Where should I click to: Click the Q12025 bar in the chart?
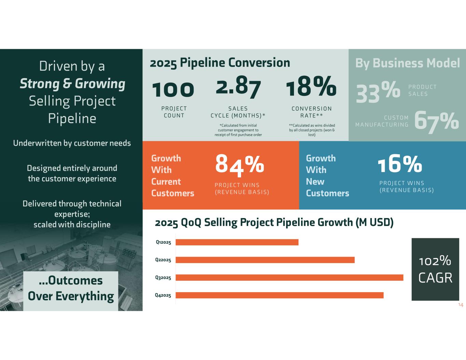tap(237, 242)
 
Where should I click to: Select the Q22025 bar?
tap(265, 260)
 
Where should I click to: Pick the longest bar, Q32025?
tap(289, 278)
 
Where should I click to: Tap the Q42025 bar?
tap(279, 296)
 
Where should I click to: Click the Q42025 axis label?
tap(163, 296)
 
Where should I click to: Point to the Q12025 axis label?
tap(163, 242)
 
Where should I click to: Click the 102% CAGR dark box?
tap(435, 269)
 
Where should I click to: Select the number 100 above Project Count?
tap(173, 89)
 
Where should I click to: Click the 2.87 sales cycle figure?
tap(238, 88)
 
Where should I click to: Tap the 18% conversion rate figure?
tap(311, 87)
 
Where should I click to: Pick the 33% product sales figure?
tap(378, 92)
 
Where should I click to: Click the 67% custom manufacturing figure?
tap(436, 121)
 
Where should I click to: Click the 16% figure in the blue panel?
tap(400, 164)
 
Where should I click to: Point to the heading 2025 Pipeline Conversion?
tap(220, 63)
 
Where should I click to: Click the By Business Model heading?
tap(408, 63)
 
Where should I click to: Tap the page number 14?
tap(461, 305)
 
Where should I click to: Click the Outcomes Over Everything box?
tap(71, 288)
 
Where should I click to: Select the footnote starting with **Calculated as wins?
tap(312, 130)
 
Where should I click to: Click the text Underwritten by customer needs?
tap(72, 143)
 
